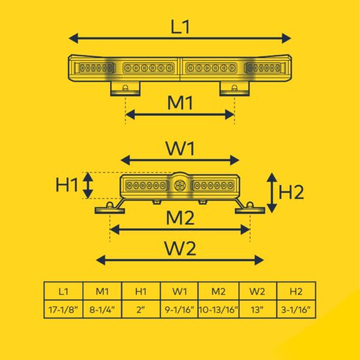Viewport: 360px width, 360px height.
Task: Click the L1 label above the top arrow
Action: point(180,27)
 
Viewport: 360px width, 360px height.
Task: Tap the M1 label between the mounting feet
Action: point(180,103)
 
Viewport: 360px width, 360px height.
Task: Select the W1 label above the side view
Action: point(180,149)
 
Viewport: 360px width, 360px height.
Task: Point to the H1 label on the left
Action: point(67,184)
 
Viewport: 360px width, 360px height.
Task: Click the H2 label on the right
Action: point(291,192)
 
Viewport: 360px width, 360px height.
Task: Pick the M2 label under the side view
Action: point(180,218)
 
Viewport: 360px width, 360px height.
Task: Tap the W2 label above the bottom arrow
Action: point(180,248)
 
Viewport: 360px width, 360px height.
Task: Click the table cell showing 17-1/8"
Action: point(64,309)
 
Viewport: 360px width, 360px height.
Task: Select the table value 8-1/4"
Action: point(102,309)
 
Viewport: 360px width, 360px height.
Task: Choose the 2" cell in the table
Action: point(140,309)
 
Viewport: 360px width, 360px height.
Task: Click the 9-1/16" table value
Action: point(179,309)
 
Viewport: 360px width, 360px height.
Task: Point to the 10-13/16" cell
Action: point(219,309)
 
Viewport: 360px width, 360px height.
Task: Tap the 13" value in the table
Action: point(258,309)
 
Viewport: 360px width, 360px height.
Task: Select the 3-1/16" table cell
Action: point(296,309)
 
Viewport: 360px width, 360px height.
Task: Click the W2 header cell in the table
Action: point(258,292)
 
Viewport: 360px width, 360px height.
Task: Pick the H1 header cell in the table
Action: point(140,292)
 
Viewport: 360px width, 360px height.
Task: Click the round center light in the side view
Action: point(180,186)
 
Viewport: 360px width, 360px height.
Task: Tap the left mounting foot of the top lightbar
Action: point(125,88)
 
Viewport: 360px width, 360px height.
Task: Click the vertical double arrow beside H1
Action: point(88,186)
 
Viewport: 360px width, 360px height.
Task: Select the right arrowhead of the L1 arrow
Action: point(287,38)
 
